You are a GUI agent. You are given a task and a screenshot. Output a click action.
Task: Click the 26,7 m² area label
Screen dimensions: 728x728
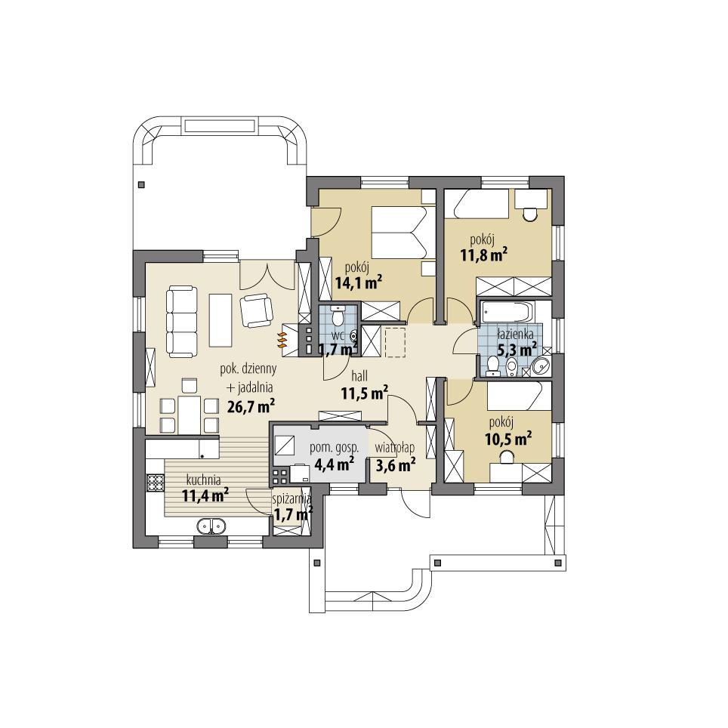250,406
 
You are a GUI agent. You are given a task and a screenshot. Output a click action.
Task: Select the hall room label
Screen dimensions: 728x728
359,375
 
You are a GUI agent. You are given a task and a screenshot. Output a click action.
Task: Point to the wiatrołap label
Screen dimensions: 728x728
395,448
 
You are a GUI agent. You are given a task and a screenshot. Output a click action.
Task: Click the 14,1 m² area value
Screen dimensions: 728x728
357,282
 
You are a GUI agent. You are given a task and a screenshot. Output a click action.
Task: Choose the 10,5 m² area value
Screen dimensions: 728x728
507,437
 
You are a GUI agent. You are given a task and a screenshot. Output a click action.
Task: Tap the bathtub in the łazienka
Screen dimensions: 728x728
507,312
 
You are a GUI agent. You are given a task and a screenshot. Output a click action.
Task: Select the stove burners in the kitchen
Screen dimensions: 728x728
156,481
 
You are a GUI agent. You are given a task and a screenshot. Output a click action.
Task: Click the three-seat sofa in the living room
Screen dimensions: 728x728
180,321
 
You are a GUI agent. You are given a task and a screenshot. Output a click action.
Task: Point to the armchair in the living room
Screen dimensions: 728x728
257,310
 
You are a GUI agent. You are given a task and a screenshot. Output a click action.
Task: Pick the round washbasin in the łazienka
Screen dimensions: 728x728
541,367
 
